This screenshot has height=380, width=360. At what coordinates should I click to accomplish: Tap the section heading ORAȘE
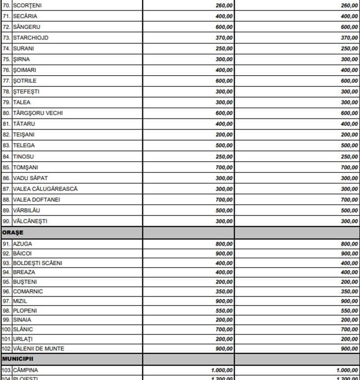(13, 233)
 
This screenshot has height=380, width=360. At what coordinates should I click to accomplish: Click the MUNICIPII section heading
(19, 359)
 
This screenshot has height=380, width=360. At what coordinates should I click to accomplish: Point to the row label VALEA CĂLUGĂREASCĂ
(45, 189)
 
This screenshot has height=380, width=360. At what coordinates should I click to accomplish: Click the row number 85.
(6, 167)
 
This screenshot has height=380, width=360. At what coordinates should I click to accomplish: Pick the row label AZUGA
(22, 244)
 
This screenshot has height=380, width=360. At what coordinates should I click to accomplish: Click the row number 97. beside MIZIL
(6, 301)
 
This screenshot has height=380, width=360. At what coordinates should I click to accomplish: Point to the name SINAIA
(22, 320)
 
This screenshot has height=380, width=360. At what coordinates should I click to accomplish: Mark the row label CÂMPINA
(26, 370)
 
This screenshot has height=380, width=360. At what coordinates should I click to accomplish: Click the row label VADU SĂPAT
(30, 178)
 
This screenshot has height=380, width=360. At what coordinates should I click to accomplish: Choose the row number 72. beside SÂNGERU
(6, 27)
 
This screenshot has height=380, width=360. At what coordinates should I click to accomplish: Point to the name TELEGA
(23, 146)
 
